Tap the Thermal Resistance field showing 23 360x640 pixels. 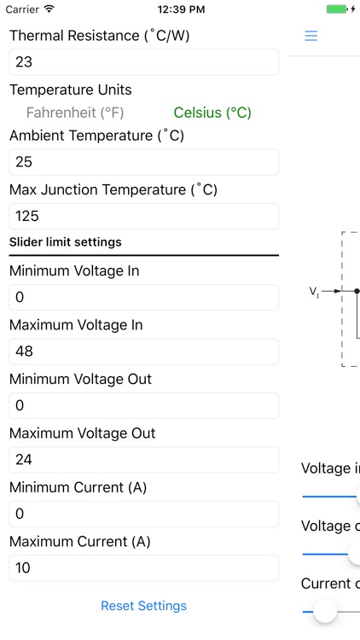(x=143, y=62)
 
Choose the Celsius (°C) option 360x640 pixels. (x=212, y=113)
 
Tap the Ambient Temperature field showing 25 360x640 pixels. (x=143, y=162)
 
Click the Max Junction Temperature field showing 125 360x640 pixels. (x=143, y=216)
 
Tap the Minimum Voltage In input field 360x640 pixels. (x=143, y=297)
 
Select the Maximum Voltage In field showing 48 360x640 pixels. (x=143, y=352)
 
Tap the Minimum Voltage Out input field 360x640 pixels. (x=143, y=405)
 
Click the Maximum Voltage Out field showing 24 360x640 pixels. (x=143, y=460)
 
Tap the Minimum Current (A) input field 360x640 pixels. (x=143, y=514)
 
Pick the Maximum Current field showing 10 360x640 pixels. (x=143, y=568)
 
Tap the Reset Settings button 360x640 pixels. (x=143, y=606)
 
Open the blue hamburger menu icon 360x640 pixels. (x=311, y=36)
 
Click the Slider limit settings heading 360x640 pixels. (x=66, y=242)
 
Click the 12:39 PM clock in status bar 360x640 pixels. (x=181, y=9)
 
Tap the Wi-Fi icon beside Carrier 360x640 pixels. (x=49, y=9)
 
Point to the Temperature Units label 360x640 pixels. (x=71, y=90)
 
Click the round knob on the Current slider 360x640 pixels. (x=324, y=610)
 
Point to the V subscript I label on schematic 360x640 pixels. (x=313, y=292)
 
